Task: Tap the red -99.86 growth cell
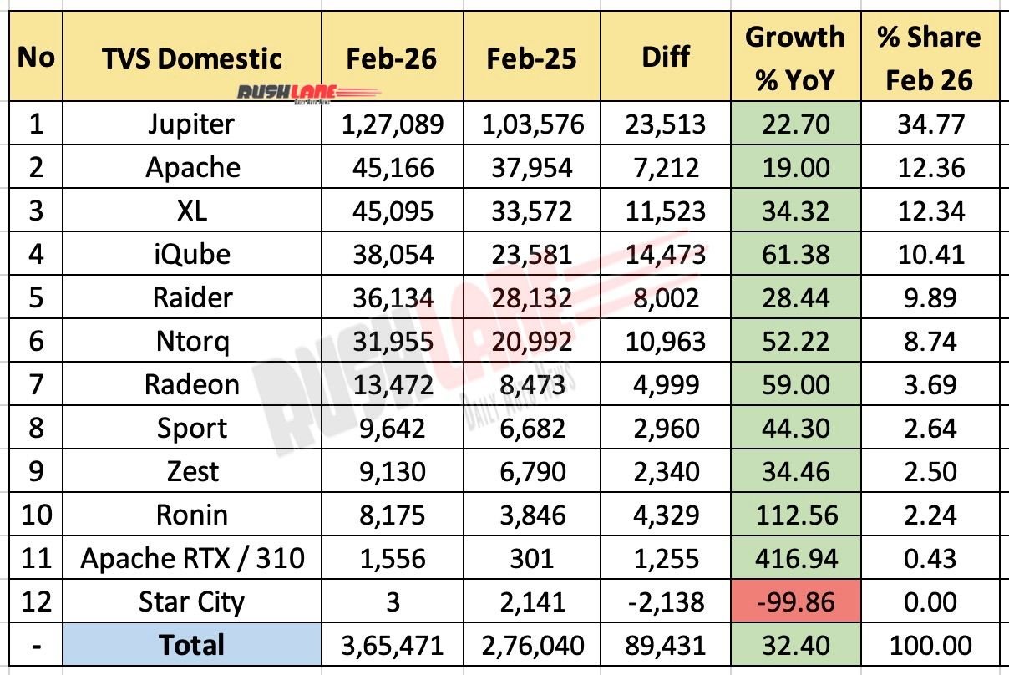(x=795, y=601)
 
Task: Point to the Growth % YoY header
(x=795, y=58)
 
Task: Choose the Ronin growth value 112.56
(x=795, y=515)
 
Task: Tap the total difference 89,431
(x=665, y=645)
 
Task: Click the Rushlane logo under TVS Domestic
(x=310, y=93)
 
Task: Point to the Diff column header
(x=665, y=58)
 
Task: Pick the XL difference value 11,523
(x=665, y=211)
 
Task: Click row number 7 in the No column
(x=35, y=385)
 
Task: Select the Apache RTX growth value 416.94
(x=795, y=558)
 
